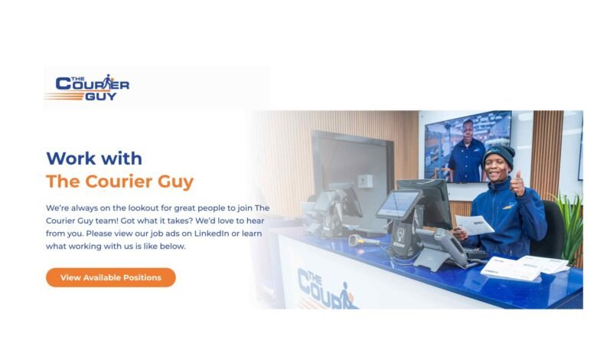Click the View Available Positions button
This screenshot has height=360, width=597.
click(111, 277)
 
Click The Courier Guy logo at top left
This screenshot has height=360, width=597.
click(87, 87)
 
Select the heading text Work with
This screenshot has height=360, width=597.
click(94, 158)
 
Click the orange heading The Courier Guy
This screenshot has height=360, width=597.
click(120, 182)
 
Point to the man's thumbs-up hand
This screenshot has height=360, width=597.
click(517, 184)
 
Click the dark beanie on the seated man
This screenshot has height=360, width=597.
click(499, 155)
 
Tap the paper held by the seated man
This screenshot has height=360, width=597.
click(475, 224)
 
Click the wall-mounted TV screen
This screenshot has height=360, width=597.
click(468, 146)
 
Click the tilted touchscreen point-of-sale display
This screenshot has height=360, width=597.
click(399, 204)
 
